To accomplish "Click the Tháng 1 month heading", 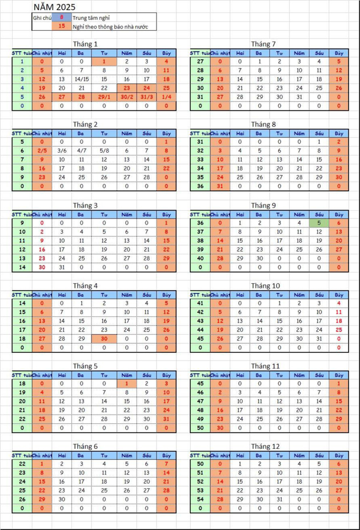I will (x=85, y=44).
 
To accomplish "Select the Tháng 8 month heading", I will (x=263, y=124).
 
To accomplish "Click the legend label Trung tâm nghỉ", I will (x=91, y=18).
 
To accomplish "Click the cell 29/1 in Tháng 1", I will (x=104, y=97).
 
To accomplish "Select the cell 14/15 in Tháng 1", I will (x=82, y=79).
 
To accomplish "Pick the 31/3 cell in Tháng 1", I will (x=146, y=97).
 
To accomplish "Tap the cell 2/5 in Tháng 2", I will (x=42, y=150).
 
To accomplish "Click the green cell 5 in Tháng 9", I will (x=319, y=222).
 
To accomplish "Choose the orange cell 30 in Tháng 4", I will (x=104, y=339).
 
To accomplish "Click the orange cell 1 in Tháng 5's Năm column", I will (x=126, y=383).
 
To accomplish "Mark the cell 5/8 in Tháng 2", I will (x=104, y=150).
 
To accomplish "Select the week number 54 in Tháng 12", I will (x=201, y=499).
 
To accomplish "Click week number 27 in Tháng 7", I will (x=201, y=61).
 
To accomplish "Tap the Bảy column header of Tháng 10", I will (x=339, y=295).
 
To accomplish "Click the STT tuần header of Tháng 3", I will (x=22, y=214).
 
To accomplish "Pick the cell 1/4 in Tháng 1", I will (x=166, y=97).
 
